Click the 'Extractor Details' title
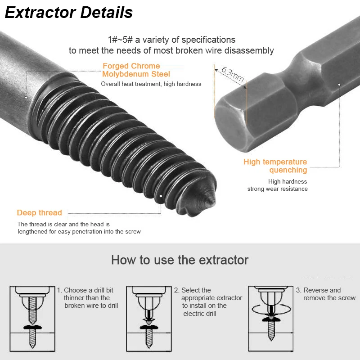coord(69,13)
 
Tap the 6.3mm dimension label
coord(233,74)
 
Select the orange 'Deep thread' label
coord(40,212)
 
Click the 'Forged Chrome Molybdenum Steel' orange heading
coord(136,70)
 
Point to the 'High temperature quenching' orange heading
coord(275,166)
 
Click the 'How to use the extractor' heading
coord(180,260)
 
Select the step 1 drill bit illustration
coord(32,319)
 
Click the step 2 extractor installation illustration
coord(149,319)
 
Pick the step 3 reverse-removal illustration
coord(271,319)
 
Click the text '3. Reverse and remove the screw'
coord(326,294)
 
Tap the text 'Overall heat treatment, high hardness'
coord(151,84)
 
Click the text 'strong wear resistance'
coord(277,189)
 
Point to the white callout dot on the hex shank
coord(339,85)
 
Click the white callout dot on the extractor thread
coord(161,196)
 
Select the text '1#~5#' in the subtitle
coord(120,40)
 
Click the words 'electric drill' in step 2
coord(200,314)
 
